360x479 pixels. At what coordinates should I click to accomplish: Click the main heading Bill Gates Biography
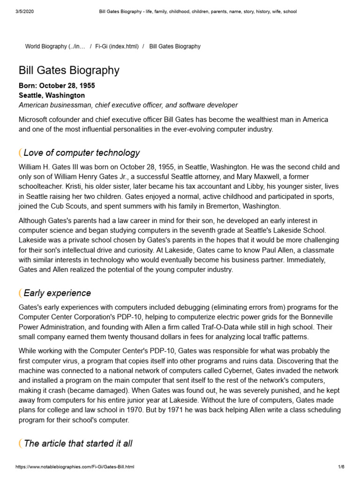pyautogui.click(x=69, y=71)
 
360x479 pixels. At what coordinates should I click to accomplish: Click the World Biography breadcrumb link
pyautogui.click(x=55, y=46)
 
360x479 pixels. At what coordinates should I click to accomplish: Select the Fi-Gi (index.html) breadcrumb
pyautogui.click(x=117, y=46)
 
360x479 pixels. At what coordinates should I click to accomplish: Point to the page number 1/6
pyautogui.click(x=341, y=467)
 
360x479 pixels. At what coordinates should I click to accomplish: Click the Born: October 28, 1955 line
pyautogui.click(x=57, y=86)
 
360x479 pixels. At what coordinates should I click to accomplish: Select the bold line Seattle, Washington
pyautogui.click(x=52, y=95)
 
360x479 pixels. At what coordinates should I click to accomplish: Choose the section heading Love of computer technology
pyautogui.click(x=82, y=153)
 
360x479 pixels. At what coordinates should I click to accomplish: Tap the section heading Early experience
pyautogui.click(x=57, y=293)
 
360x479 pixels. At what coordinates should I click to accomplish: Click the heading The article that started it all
pyautogui.click(x=78, y=443)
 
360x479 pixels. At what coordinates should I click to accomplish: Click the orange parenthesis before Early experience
pyautogui.click(x=20, y=293)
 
